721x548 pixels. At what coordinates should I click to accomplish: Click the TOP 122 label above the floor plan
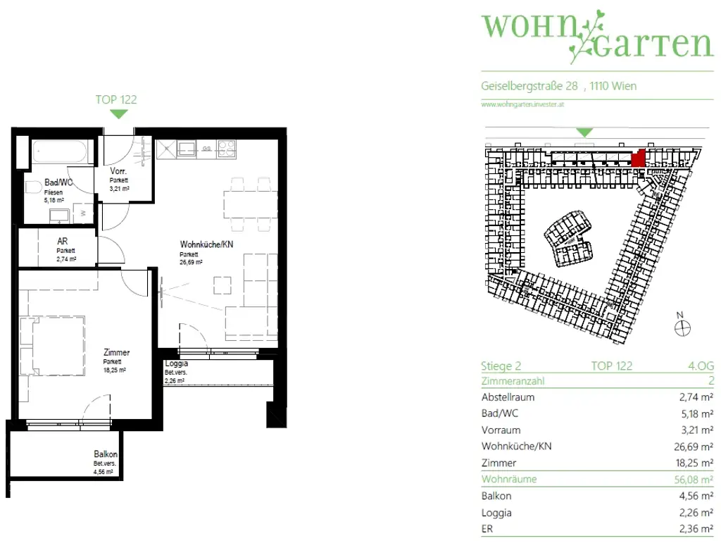[x=116, y=99]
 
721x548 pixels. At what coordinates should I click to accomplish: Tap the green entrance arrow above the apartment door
[x=119, y=114]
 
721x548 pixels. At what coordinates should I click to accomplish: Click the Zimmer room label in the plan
[x=116, y=353]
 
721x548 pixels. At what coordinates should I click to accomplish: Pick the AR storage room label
[x=63, y=241]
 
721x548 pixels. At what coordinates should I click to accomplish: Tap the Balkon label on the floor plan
[x=106, y=455]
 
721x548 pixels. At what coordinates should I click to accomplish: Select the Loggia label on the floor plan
[x=176, y=364]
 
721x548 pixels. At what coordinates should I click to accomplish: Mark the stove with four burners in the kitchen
[x=227, y=149]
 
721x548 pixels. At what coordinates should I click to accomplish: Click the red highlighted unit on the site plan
[x=638, y=159]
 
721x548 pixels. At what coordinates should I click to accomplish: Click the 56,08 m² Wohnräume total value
[x=691, y=479]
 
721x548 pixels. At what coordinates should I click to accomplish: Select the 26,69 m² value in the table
[x=691, y=447]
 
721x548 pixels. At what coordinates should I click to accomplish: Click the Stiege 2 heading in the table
[x=501, y=366]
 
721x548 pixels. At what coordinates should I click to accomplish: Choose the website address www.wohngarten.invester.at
[x=523, y=104]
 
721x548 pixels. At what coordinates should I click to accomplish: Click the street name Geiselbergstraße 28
[x=529, y=87]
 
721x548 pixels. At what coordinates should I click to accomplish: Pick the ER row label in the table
[x=488, y=530]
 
